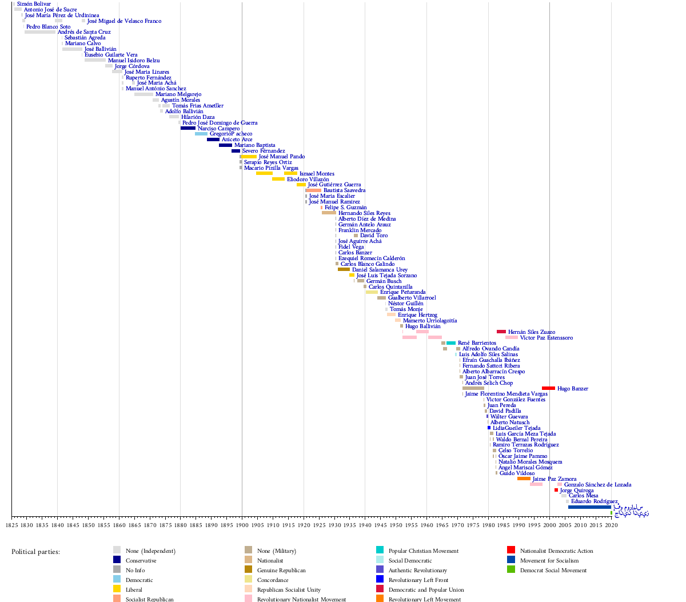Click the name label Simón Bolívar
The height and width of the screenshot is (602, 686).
tap(34, 4)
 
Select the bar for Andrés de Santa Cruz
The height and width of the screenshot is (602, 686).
tap(40, 32)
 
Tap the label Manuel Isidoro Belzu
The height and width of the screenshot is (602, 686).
tap(134, 61)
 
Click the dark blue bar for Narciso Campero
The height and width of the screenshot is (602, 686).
tap(188, 128)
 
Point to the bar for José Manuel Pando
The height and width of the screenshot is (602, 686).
tap(249, 157)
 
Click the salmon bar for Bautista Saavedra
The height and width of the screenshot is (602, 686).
tap(313, 190)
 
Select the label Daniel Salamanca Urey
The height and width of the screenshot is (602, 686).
tap(380, 270)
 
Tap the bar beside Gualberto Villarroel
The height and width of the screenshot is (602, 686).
tap(381, 298)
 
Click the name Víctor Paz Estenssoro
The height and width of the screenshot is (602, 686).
tap(546, 338)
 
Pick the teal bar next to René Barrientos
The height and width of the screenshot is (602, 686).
tap(451, 343)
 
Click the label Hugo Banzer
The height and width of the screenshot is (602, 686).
tap(573, 389)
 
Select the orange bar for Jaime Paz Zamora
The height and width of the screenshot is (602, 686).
tap(524, 479)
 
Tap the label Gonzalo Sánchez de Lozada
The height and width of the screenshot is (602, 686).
tap(597, 485)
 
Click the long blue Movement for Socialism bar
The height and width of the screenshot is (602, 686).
tap(589, 507)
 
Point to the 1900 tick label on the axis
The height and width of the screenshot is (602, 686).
tap(242, 525)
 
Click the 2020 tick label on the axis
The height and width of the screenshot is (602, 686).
tap(611, 525)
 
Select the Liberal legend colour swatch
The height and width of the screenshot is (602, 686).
tap(117, 589)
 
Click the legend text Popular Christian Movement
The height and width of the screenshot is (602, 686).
tap(423, 551)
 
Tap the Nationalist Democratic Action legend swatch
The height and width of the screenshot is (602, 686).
tap(511, 550)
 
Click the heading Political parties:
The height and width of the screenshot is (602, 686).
tap(35, 552)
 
